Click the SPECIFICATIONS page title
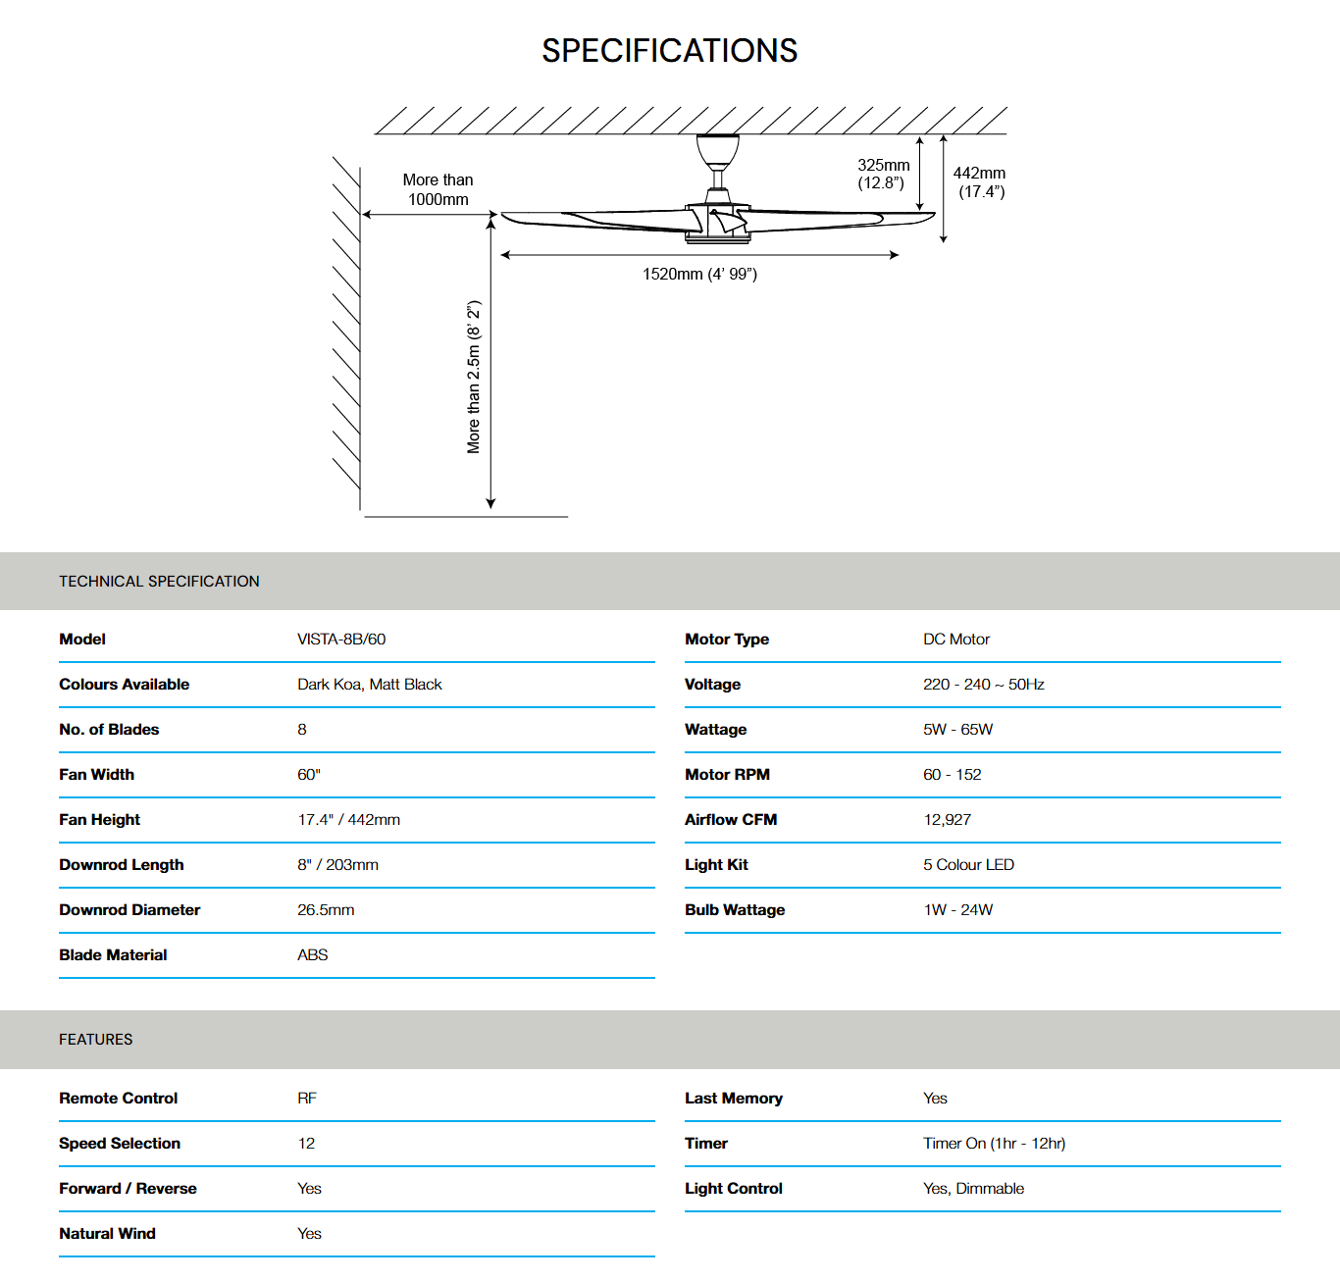coord(670,51)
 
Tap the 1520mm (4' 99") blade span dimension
coord(699,275)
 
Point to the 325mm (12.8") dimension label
coord(883,175)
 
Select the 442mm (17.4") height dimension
coord(980,182)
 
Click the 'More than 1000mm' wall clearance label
coord(438,190)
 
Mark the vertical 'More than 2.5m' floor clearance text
coord(474,377)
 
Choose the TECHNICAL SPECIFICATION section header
coord(159,582)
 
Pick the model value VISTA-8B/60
coord(341,640)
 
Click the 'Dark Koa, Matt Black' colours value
coord(370,685)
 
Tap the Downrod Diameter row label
coord(129,910)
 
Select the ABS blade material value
coord(313,955)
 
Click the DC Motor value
coord(956,640)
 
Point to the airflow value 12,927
coord(947,820)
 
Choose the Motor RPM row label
coord(727,775)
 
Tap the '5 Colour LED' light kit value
coord(968,865)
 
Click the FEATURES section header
coord(96,1040)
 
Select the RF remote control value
coord(307,1099)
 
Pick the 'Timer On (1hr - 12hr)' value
coord(994,1144)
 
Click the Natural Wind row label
coord(107,1234)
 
